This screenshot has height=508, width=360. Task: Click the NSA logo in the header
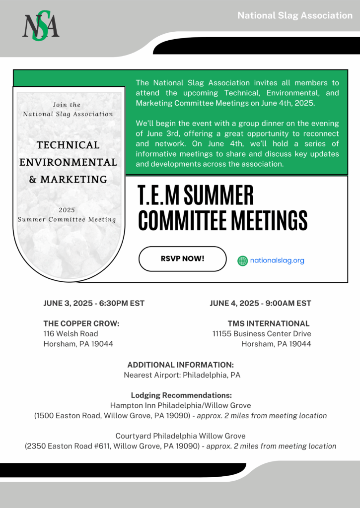41,27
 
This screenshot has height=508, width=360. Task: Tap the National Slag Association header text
295,15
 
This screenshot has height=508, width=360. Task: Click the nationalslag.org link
277,260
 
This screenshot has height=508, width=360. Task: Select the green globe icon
242,260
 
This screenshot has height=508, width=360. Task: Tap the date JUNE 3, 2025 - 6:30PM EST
94,303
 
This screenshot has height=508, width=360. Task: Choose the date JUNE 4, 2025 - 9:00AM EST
260,303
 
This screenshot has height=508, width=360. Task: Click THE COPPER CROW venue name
81,323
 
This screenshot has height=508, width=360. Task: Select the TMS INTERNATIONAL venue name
269,323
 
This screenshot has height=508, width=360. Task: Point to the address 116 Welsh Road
71,333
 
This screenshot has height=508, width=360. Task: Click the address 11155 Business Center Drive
262,333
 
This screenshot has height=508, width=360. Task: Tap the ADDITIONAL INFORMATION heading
181,365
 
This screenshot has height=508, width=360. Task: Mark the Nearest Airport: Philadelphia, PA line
182,375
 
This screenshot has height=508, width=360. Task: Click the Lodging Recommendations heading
181,395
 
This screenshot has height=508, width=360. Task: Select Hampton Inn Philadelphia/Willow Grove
180,405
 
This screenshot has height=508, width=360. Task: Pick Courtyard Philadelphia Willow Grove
180,436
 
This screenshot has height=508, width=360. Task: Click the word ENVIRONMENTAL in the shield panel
69,162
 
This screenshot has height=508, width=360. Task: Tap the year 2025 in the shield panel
67,210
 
